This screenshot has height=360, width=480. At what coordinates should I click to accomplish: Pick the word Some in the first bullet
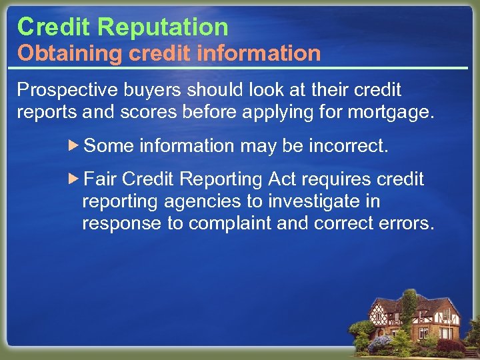pos(109,146)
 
